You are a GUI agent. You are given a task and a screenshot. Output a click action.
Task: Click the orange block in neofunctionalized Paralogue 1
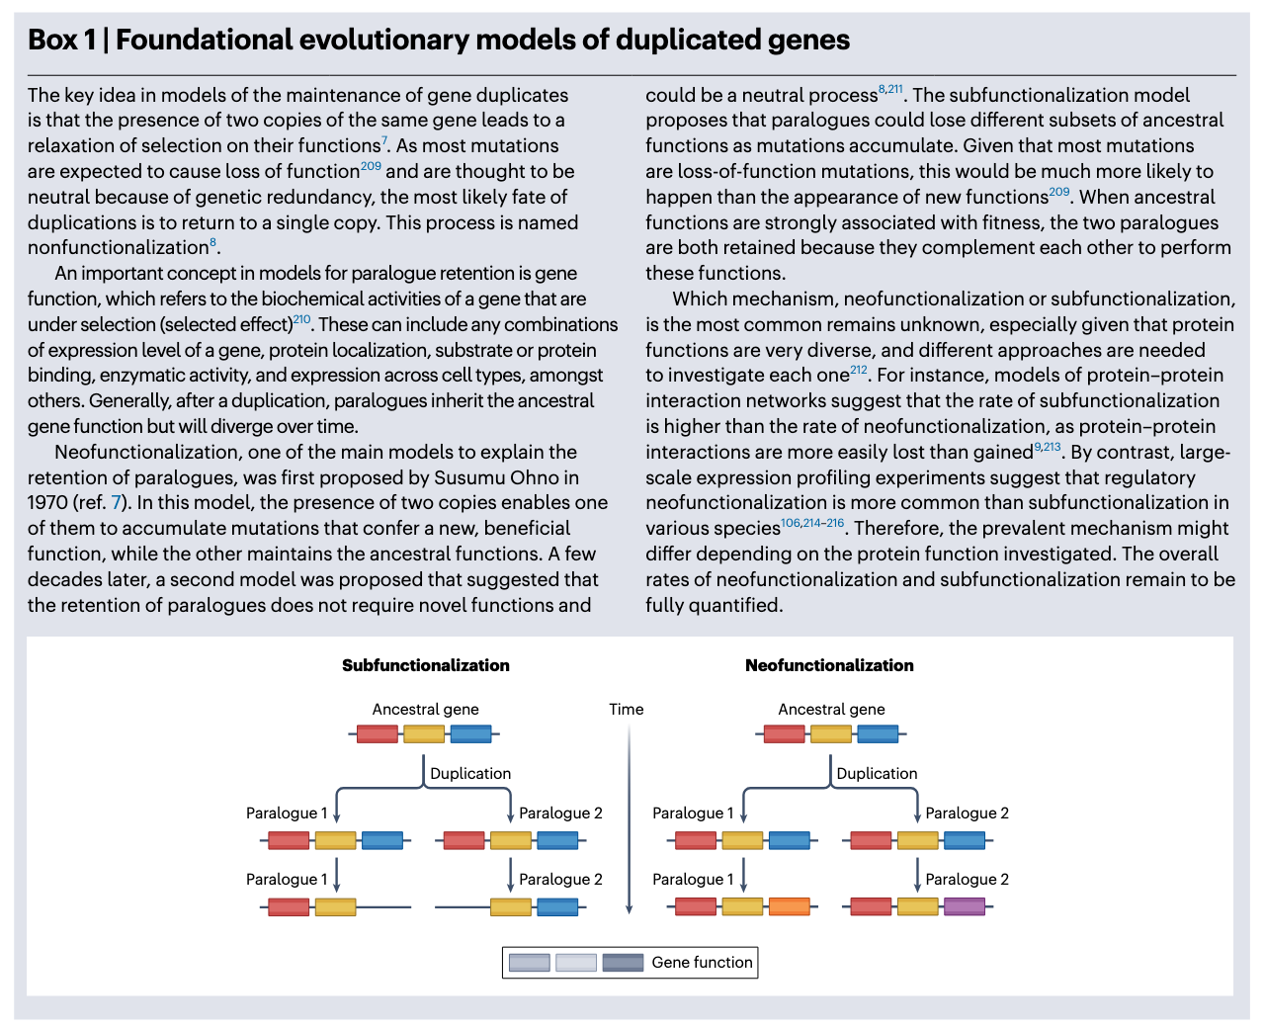789,906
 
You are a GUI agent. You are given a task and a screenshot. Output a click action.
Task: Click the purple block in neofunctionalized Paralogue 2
964,906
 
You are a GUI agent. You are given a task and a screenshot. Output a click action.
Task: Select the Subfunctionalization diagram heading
426,665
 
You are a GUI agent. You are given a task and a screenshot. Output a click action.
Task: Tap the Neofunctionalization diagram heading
829,665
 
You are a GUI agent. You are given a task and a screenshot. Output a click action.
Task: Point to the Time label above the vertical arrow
627,709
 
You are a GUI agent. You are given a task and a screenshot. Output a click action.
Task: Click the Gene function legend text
702,962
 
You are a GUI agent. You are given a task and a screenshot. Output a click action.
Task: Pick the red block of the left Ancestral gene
377,734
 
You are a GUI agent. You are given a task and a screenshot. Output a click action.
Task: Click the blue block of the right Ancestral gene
878,734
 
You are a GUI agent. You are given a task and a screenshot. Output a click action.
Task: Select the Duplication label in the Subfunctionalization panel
470,773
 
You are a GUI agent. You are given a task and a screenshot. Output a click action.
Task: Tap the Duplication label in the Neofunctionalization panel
877,773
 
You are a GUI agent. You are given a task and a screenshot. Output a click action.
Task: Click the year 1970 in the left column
47,503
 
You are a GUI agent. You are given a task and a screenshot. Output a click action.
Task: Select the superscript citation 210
301,319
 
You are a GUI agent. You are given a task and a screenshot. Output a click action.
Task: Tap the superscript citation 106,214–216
812,523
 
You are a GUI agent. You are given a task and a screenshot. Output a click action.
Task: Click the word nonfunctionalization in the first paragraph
118,247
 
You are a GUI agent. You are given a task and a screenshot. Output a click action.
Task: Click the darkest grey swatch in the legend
623,963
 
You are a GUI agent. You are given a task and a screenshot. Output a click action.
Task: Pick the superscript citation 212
858,370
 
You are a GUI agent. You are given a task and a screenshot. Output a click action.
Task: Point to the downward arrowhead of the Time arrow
630,908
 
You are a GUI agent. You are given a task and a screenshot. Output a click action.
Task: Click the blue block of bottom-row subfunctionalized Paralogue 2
557,906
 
